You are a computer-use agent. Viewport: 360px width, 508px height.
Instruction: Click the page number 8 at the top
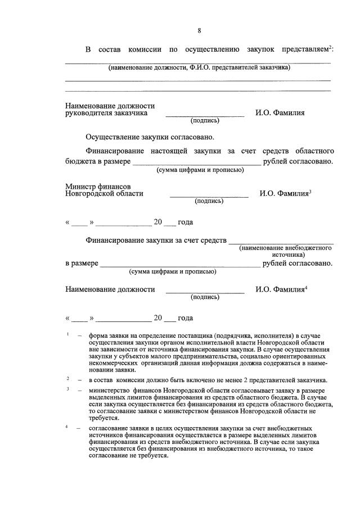[199, 30]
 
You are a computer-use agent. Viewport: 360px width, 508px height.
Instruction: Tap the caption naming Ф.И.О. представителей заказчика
[199, 67]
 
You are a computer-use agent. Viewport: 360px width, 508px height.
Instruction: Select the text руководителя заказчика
[106, 113]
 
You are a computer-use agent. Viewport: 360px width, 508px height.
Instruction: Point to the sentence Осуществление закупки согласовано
[150, 137]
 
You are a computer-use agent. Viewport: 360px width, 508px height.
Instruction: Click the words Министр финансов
[98, 186]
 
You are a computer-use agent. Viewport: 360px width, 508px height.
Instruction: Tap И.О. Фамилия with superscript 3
[285, 194]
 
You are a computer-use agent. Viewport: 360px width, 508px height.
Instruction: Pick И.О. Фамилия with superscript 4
[281, 290]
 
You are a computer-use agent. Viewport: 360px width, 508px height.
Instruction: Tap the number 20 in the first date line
[158, 222]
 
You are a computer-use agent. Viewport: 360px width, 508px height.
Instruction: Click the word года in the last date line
[185, 318]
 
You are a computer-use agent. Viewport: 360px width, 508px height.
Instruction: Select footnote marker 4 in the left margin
[67, 427]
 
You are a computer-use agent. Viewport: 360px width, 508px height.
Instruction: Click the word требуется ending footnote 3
[103, 418]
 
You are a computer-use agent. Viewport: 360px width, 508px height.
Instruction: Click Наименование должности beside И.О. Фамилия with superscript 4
[110, 290]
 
